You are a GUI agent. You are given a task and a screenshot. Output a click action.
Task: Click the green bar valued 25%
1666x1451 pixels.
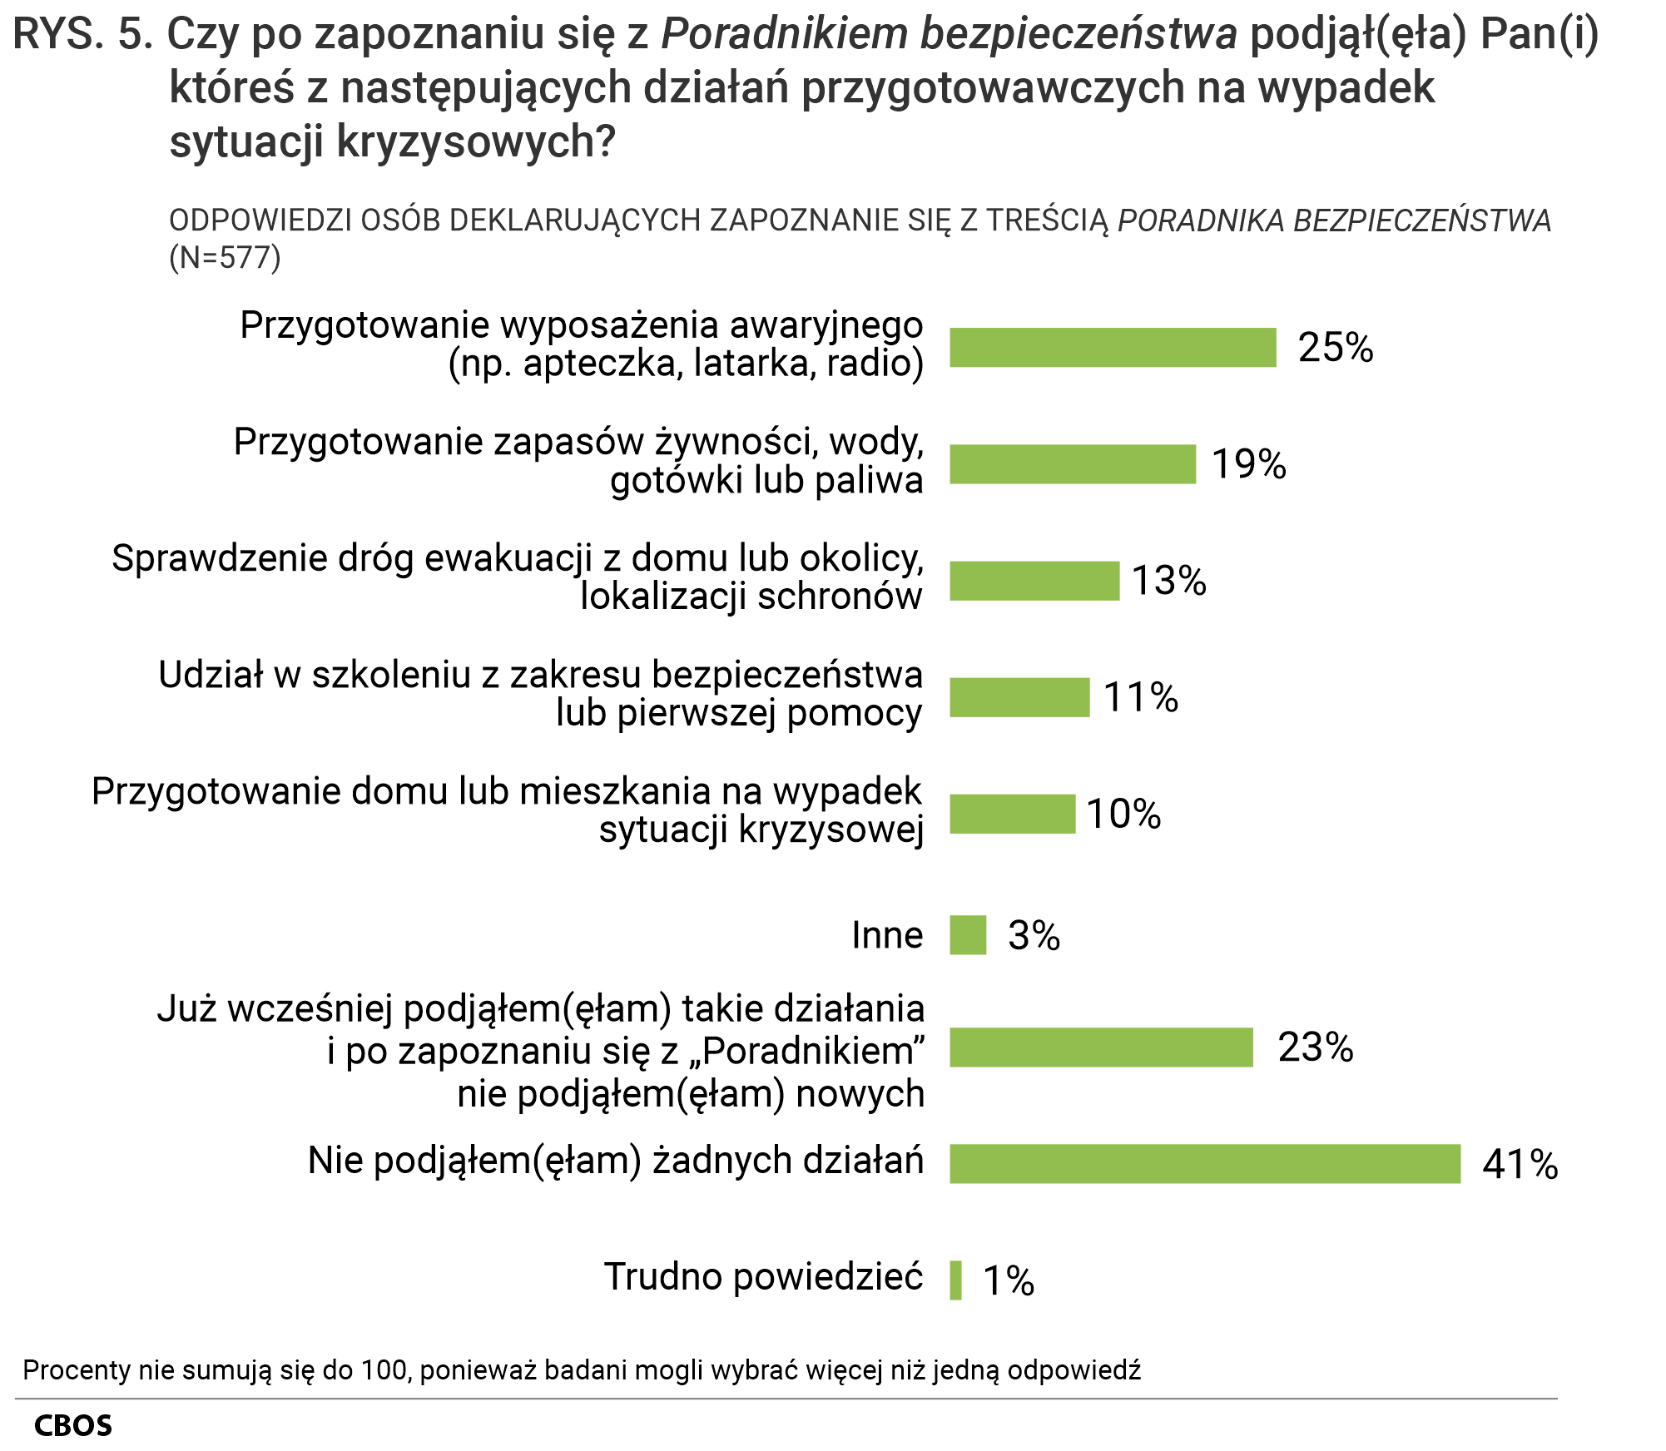[x=1112, y=347]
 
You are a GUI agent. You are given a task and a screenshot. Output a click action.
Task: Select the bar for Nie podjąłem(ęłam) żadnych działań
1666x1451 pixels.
[x=1204, y=1163]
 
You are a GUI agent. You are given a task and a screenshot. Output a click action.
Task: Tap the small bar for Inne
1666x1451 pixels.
[x=968, y=935]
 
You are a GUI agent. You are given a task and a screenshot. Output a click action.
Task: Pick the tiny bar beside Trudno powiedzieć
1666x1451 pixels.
[x=955, y=1280]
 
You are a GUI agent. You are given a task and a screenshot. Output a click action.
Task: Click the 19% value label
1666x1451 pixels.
[x=1248, y=464]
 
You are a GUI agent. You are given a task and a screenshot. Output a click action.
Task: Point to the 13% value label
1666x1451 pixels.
[x=1168, y=581]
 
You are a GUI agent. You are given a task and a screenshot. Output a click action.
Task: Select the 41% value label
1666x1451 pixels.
[x=1520, y=1164]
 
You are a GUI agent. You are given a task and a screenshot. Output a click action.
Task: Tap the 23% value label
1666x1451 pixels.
[x=1315, y=1047]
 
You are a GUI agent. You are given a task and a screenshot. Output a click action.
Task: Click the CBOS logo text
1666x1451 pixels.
[x=73, y=1425]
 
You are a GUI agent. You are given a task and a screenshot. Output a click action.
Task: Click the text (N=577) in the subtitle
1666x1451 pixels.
[x=225, y=258]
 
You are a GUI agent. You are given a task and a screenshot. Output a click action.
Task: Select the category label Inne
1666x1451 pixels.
[x=886, y=935]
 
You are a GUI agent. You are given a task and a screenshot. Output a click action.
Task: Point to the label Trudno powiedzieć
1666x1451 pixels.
[x=763, y=1276]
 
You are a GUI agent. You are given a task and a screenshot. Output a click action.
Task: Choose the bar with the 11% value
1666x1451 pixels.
[x=1019, y=697]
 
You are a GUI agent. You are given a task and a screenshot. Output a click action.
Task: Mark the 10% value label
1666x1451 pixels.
[x=1123, y=814]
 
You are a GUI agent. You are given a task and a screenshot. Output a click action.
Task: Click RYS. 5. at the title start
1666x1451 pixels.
[x=83, y=35]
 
